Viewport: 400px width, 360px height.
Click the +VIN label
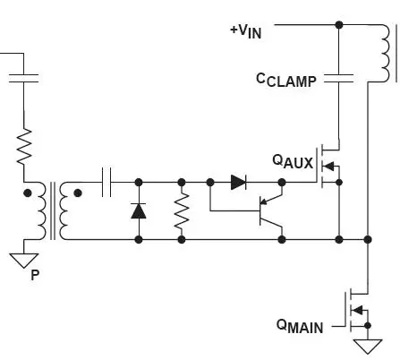246,31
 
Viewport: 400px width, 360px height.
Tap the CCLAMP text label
286,81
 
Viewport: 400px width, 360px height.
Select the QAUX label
293,161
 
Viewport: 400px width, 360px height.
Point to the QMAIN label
300,326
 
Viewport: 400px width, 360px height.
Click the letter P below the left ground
35,275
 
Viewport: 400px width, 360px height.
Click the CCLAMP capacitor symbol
339,78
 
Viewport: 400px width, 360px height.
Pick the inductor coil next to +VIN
386,53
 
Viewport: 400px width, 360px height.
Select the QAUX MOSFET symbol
328,166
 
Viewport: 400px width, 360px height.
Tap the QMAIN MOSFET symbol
357,312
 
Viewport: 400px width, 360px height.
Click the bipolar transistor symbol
271,210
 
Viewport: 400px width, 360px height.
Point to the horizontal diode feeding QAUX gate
238,182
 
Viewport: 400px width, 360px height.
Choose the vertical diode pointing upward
139,210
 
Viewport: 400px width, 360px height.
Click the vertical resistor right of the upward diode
182,211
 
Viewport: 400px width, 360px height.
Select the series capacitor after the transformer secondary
106,182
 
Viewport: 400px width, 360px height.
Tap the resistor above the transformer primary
24,147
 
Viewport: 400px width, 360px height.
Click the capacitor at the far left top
23,78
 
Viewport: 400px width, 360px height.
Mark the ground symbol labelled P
24,261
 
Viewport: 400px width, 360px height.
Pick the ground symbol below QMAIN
368,347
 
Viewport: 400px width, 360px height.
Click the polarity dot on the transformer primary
27,193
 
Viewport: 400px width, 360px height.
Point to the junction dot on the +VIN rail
339,25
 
